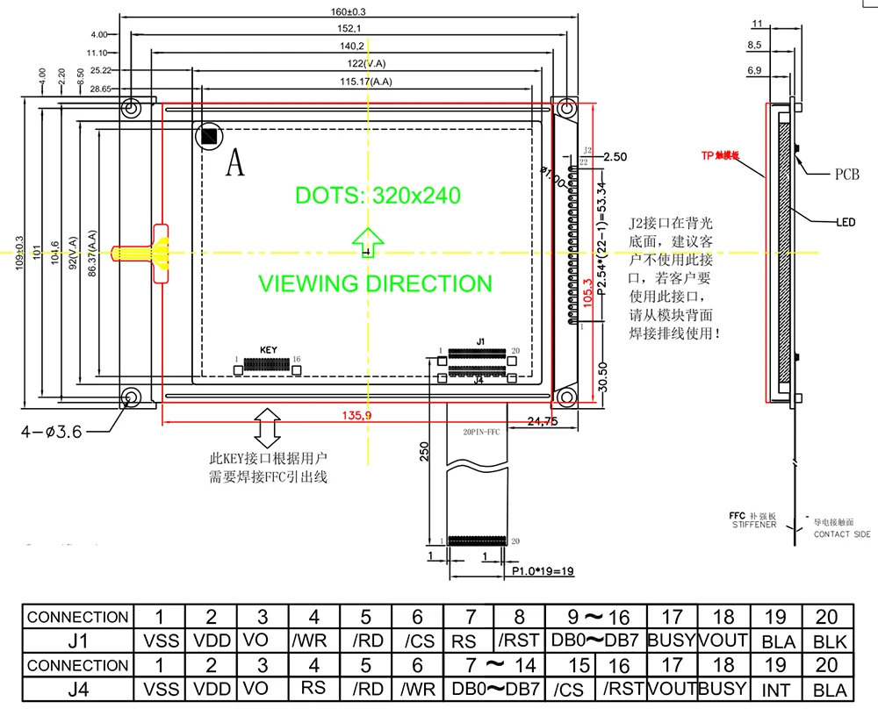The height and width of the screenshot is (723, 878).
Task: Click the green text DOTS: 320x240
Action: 378,195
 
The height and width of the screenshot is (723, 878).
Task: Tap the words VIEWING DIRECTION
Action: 375,283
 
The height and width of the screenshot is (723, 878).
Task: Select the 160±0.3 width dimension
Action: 348,11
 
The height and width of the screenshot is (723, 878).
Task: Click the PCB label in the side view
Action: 846,175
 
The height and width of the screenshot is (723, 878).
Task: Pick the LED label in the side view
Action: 845,222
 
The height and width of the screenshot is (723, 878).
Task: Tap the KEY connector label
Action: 268,350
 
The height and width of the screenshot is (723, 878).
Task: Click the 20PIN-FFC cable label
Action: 480,431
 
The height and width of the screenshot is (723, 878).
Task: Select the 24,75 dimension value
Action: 543,422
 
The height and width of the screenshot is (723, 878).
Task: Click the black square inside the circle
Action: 209,136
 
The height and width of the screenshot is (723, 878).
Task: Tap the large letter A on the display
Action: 234,162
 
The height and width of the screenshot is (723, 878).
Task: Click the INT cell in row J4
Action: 775,690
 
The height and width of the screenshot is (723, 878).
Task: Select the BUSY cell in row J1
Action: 672,641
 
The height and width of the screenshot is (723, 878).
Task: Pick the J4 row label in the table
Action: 77,690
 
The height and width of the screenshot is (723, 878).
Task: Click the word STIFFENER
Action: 754,525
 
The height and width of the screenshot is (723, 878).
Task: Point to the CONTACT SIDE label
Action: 842,534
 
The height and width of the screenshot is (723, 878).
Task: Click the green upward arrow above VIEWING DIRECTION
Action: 369,242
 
